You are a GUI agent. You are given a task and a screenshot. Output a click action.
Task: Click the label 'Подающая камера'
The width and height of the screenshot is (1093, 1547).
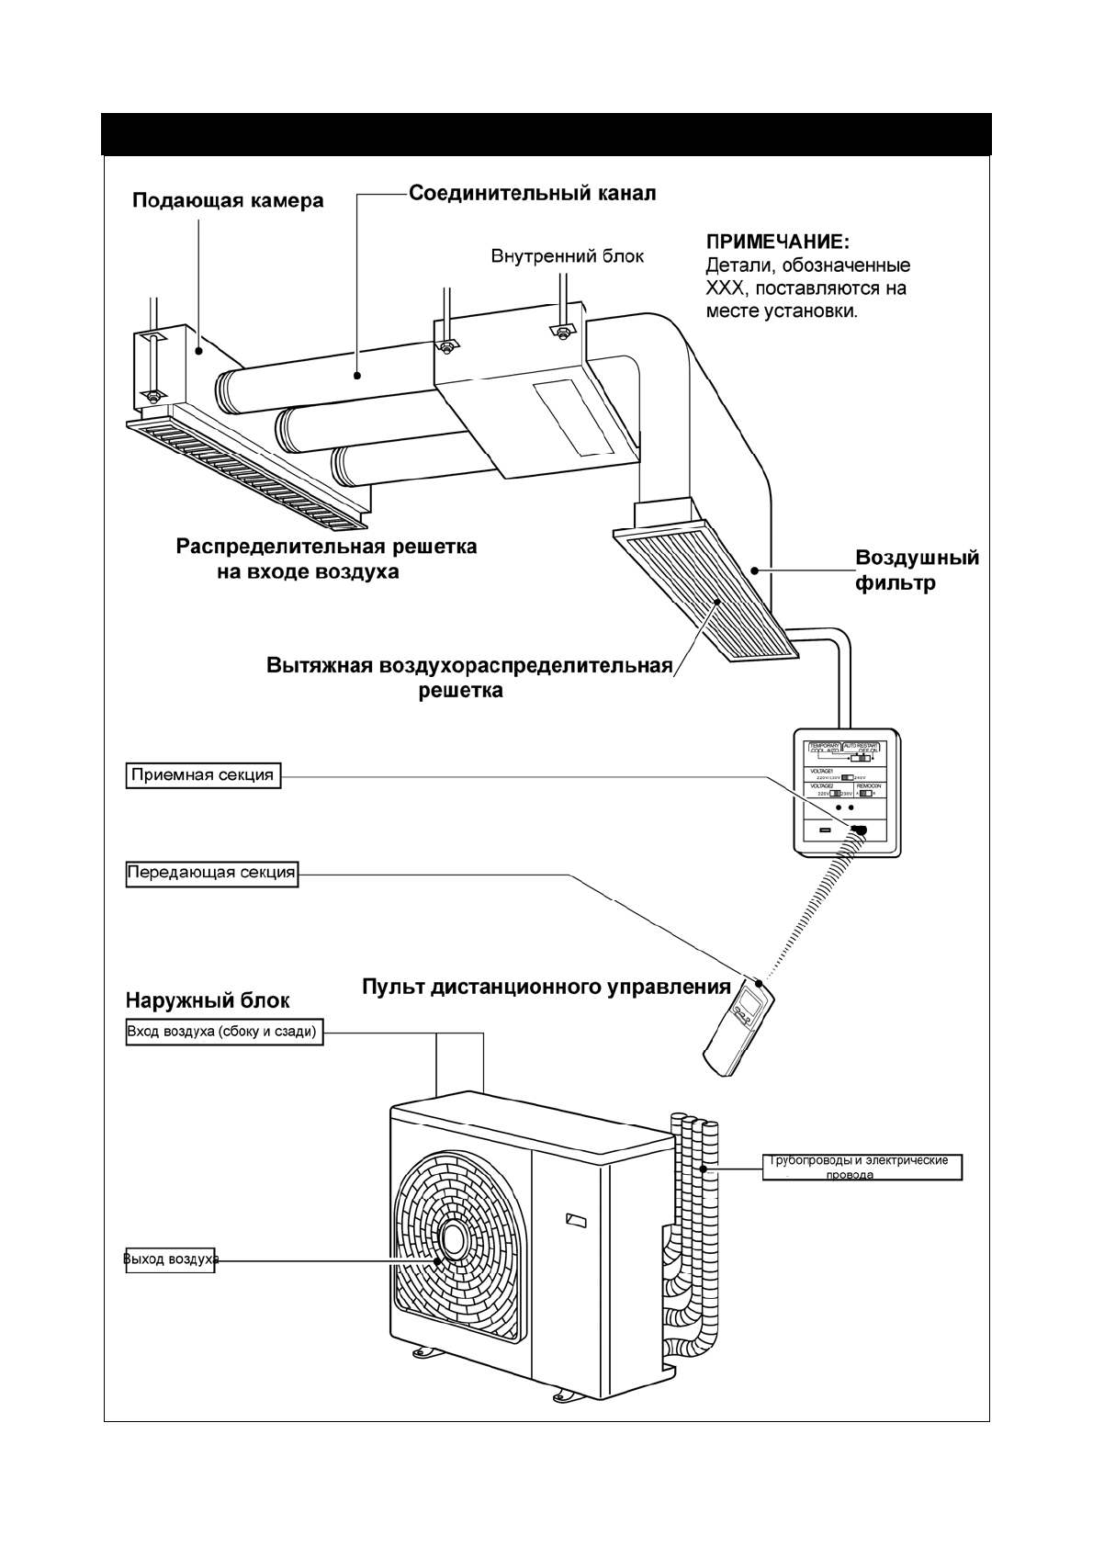228,200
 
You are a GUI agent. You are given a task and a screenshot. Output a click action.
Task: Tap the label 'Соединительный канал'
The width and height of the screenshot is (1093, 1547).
532,194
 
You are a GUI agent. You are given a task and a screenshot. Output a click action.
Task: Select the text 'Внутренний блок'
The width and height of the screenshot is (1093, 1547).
567,256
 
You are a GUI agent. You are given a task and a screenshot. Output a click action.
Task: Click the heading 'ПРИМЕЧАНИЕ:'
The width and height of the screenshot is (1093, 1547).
777,243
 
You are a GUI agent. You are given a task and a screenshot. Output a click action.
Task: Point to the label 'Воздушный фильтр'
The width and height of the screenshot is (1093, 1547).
916,570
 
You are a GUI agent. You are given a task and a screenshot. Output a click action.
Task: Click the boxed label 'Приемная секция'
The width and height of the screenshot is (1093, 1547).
203,774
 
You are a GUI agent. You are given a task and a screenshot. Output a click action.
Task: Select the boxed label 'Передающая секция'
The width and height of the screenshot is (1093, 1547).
211,873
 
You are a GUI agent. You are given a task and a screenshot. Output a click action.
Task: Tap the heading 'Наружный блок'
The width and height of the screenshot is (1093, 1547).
207,999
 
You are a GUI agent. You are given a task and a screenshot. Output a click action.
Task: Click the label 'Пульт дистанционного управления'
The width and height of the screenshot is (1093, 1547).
546,988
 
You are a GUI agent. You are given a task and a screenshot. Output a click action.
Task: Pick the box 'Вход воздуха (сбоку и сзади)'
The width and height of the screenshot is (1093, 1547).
223,1032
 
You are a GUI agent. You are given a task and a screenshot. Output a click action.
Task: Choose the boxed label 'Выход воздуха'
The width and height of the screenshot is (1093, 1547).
170,1259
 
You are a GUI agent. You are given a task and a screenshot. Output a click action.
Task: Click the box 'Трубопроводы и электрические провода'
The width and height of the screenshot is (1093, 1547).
862,1167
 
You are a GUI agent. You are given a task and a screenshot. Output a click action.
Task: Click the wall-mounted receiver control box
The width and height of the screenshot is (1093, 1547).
847,792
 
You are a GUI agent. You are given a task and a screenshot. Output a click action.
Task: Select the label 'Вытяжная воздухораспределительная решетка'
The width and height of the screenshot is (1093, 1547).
468,677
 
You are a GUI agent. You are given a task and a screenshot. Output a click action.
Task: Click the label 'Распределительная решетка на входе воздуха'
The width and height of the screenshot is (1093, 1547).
326,559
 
